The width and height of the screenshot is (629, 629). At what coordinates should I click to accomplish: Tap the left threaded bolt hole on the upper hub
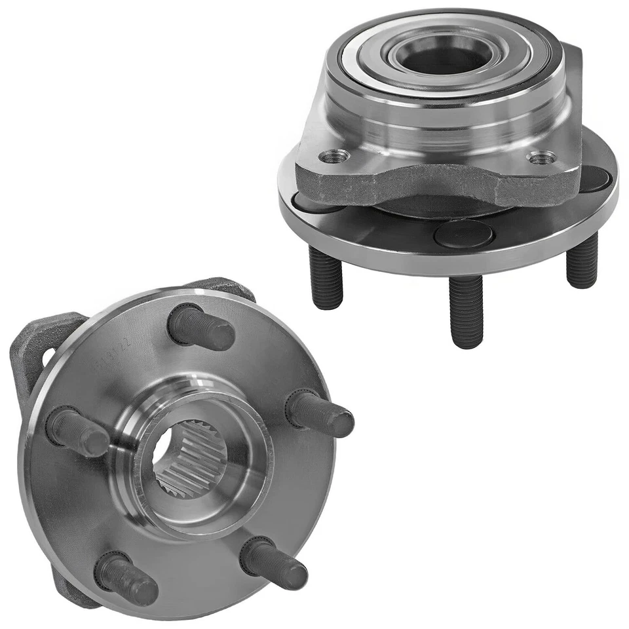click(335, 156)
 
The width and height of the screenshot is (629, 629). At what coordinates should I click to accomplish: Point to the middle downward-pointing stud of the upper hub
click(467, 311)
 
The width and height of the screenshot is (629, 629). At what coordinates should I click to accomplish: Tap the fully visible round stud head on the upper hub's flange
click(463, 234)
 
